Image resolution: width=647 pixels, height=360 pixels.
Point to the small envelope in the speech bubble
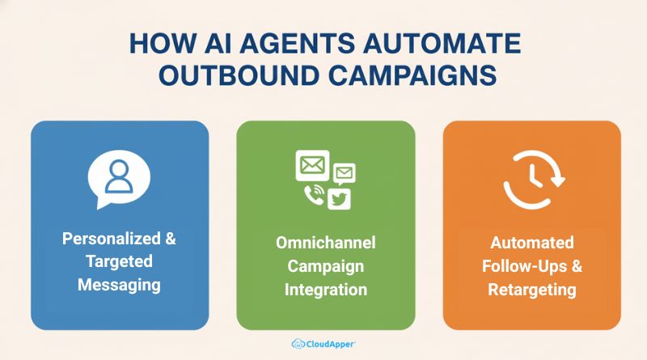click(x=345, y=172)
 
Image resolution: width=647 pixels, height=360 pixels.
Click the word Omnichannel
click(x=326, y=244)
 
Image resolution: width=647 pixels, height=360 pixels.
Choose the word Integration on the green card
click(x=326, y=289)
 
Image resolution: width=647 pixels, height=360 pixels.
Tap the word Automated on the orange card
click(x=531, y=244)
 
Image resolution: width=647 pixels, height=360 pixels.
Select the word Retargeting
click(x=531, y=289)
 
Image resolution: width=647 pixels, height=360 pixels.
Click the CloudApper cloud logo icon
click(x=298, y=343)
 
